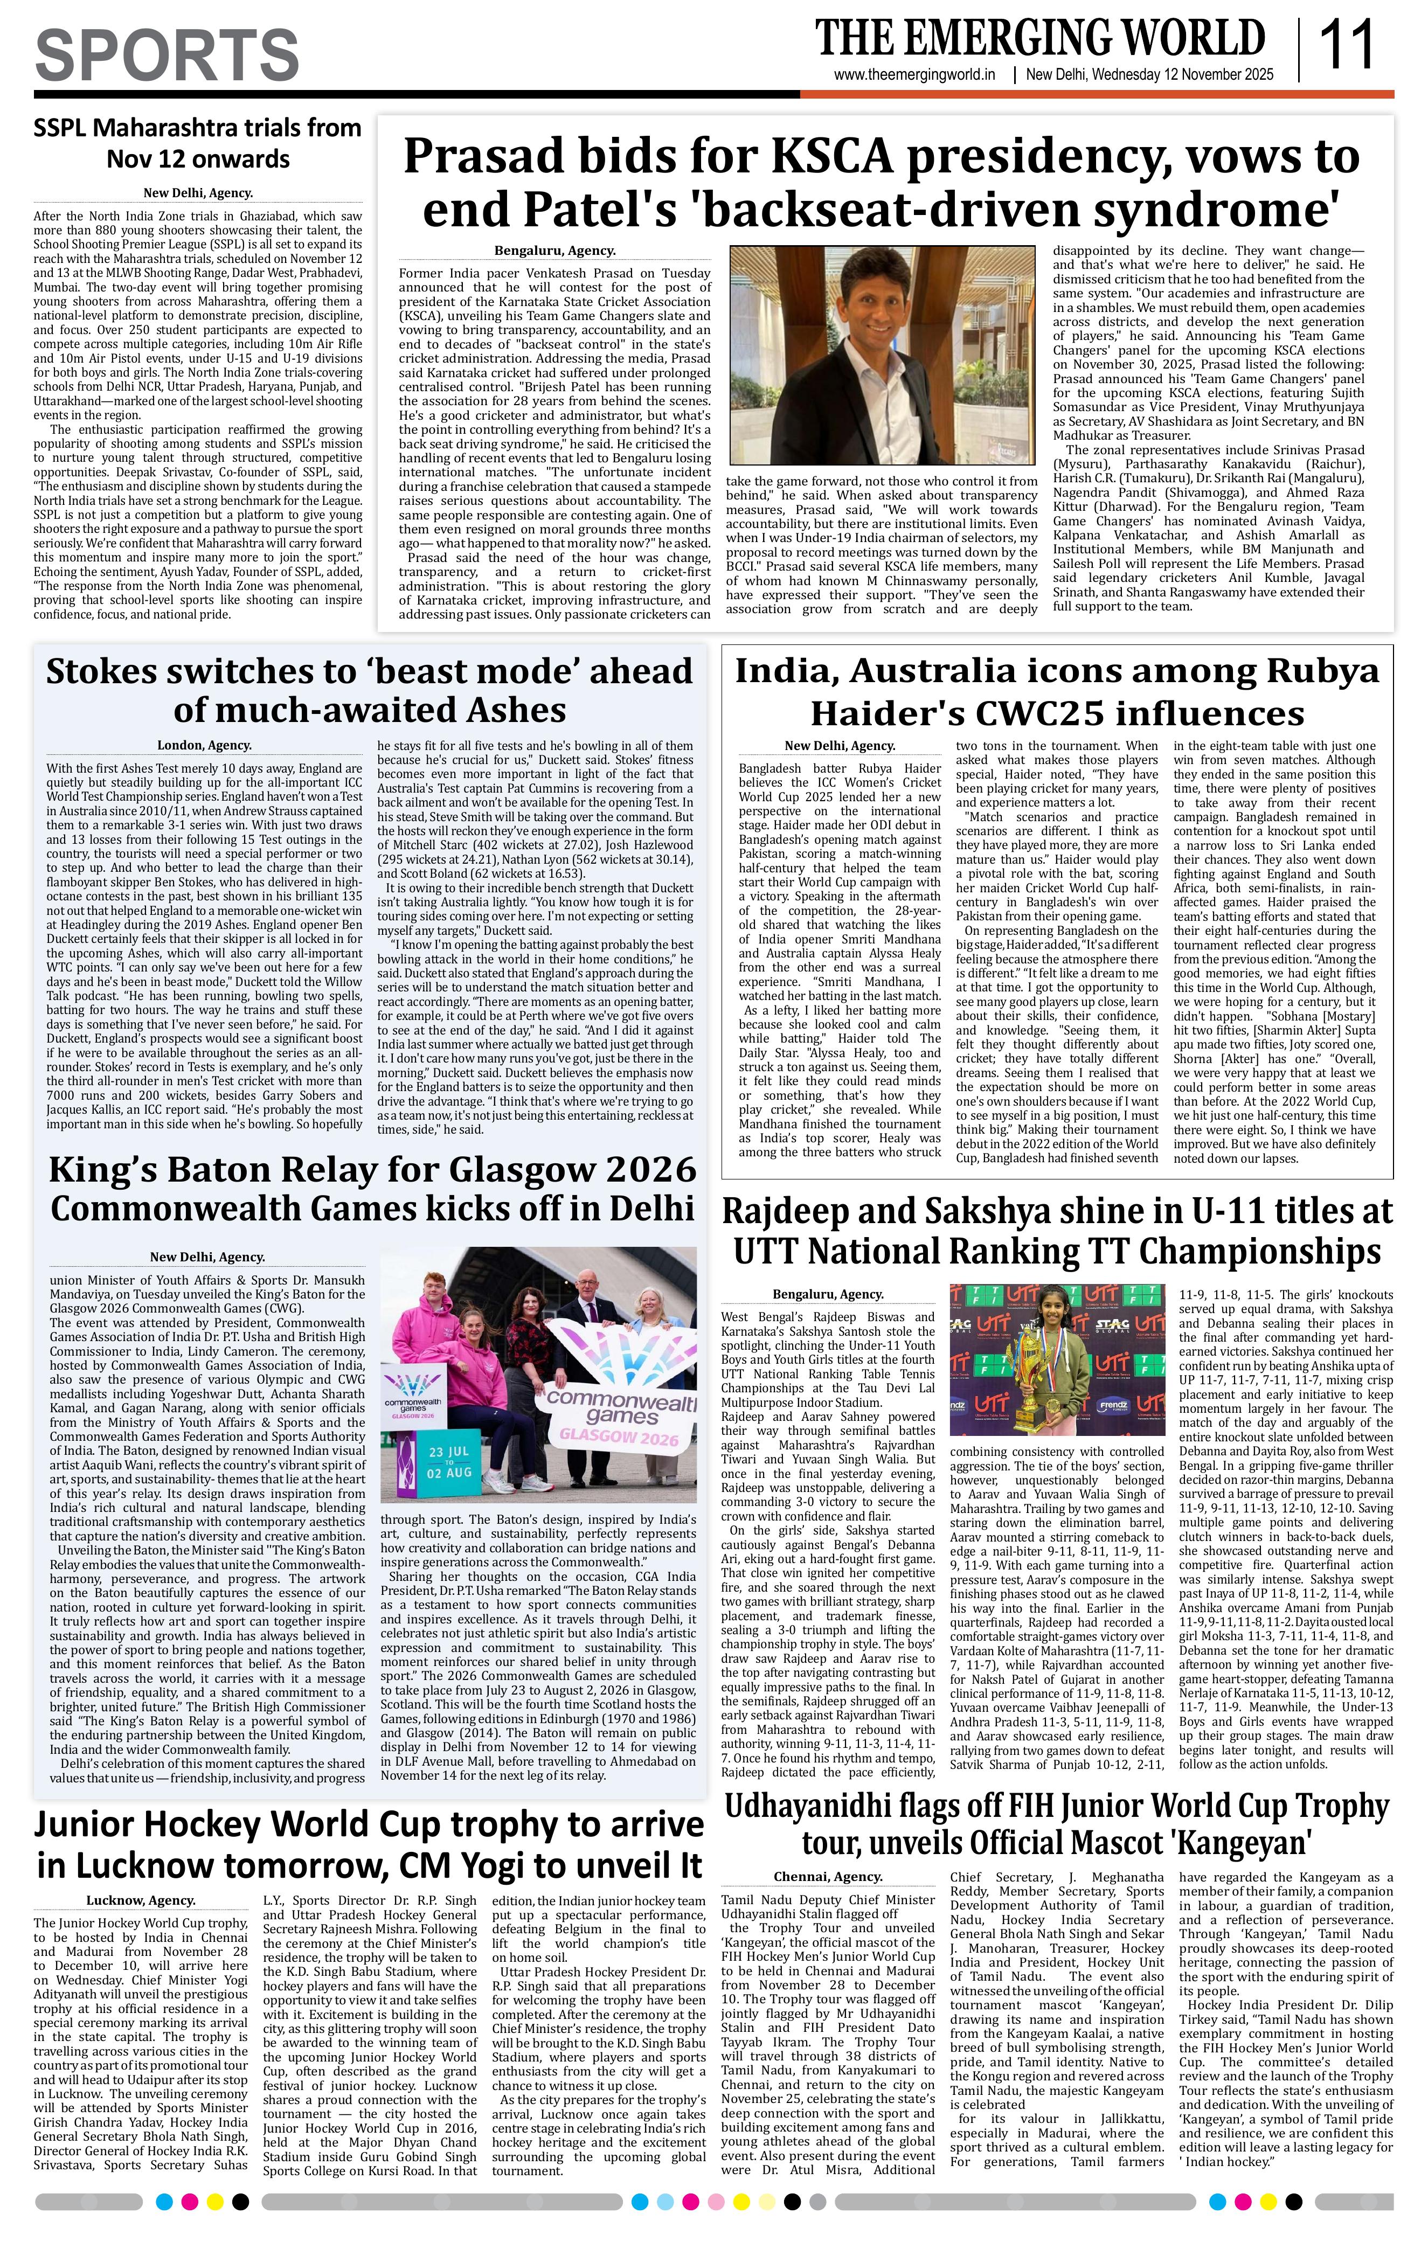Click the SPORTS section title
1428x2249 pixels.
[167, 54]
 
